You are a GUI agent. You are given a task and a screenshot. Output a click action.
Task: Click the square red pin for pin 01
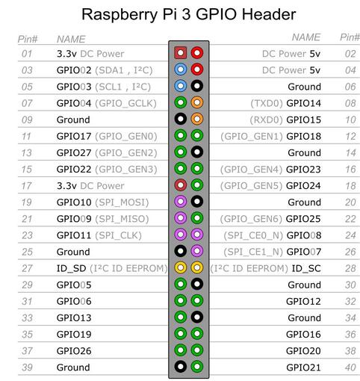point(181,53)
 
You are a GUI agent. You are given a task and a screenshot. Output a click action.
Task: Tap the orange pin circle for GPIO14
point(197,102)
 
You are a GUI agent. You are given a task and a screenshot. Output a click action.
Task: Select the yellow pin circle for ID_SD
point(181,267)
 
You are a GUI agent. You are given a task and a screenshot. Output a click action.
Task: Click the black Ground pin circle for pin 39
point(181,367)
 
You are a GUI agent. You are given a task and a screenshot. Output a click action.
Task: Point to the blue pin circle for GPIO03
point(181,86)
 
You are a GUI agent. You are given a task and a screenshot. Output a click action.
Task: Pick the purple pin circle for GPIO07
point(197,251)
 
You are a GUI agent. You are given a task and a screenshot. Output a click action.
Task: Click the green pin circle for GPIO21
point(197,367)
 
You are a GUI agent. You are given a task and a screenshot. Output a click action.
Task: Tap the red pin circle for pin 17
point(181,185)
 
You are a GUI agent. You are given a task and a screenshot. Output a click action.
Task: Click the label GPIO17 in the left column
point(74,136)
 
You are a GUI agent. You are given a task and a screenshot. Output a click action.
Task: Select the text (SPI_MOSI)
point(122,202)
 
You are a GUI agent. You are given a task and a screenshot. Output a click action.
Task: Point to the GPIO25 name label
point(303,219)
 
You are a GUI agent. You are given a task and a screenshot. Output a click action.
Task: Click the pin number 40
point(350,368)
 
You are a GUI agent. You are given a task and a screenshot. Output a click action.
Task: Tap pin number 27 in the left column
point(27,268)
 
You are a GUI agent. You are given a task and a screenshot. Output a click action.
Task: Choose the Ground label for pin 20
point(304,202)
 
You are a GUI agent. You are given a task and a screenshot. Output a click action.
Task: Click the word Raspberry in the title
point(120,15)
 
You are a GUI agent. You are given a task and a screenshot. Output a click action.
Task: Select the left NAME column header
point(71,40)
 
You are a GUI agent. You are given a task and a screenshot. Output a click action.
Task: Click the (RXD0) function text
point(266,120)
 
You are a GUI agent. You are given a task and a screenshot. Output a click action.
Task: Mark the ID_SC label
point(306,268)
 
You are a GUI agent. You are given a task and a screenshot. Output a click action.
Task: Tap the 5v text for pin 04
point(315,70)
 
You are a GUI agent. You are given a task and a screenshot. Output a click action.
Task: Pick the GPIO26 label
point(74,351)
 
